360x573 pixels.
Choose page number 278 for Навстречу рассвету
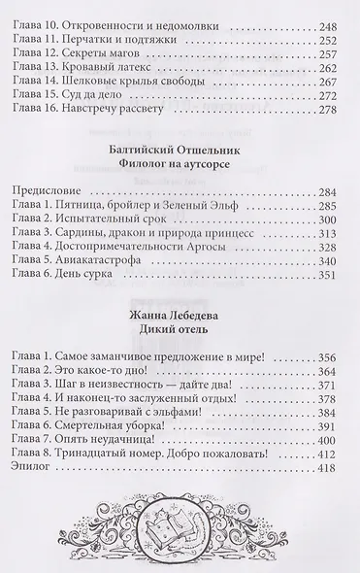tap(336, 109)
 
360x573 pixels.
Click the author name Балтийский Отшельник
tap(180, 158)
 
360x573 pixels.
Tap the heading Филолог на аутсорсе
tap(180, 174)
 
